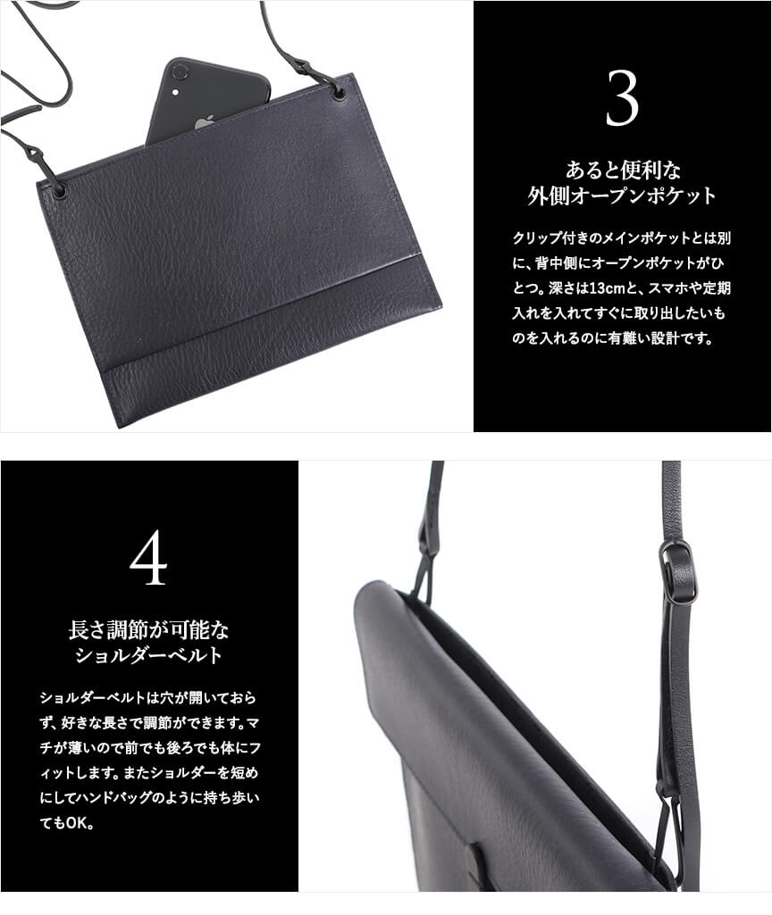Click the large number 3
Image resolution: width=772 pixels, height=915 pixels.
pyautogui.click(x=622, y=98)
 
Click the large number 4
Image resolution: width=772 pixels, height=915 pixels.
pyautogui.click(x=149, y=558)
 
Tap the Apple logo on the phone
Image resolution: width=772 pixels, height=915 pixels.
pyautogui.click(x=204, y=122)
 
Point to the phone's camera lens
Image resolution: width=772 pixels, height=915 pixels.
pyautogui.click(x=180, y=72)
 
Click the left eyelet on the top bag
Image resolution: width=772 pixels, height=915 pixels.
pyautogui.click(x=59, y=188)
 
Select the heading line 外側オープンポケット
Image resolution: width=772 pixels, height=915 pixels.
pyautogui.click(x=622, y=195)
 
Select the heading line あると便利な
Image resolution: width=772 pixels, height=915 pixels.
pyautogui.click(x=623, y=170)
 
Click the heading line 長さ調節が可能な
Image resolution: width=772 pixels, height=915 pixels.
pyautogui.click(x=149, y=629)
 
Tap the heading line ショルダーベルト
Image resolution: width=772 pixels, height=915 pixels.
pyautogui.click(x=149, y=655)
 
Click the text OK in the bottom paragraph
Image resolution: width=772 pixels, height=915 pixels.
pyautogui.click(x=77, y=823)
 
